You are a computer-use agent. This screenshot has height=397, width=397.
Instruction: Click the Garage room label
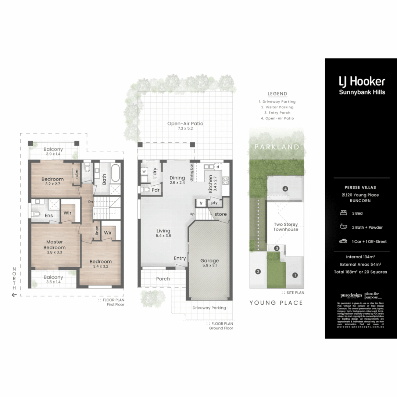click(210, 261)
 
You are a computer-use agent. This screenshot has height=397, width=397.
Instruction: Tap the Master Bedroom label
click(54, 245)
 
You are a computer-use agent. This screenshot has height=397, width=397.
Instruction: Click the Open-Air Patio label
click(185, 124)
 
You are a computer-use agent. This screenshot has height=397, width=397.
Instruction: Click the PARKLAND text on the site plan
click(277, 147)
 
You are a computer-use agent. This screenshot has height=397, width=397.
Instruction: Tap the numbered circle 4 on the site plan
click(285, 189)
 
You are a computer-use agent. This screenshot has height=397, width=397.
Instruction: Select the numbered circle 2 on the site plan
click(258, 272)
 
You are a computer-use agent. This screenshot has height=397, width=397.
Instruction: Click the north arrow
click(14, 294)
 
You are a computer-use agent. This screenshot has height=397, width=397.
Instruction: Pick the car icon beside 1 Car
click(343, 242)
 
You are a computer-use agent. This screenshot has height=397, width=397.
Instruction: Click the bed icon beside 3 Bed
click(343, 213)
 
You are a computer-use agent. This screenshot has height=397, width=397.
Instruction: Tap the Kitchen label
click(211, 184)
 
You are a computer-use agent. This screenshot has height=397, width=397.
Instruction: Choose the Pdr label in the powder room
click(155, 190)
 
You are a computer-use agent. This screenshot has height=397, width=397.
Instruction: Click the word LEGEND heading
click(277, 94)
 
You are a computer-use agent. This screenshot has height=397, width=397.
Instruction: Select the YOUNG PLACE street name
click(276, 303)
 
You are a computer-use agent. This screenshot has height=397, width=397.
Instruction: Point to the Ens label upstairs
click(49, 215)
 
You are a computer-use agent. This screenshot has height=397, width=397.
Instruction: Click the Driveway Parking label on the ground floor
click(209, 308)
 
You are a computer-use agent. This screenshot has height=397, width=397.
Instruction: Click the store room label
click(220, 214)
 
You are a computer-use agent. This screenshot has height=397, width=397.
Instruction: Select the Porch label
click(163, 279)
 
